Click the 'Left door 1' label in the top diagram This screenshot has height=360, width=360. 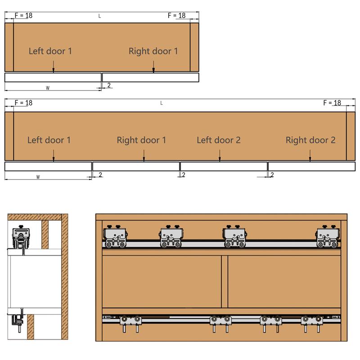tap(50, 51)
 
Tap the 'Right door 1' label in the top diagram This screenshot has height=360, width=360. tap(153, 51)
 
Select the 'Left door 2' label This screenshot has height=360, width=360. tap(219, 140)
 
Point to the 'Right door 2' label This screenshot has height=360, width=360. tap(310, 140)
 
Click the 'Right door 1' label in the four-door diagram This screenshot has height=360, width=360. tap(141, 140)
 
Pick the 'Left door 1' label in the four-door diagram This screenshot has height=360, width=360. tap(49, 140)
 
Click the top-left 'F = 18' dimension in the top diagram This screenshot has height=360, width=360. tap(23, 15)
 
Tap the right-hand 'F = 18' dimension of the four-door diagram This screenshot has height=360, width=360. tap(332, 103)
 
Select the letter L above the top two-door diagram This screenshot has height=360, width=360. tap(99, 16)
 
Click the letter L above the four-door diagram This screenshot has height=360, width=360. tap(162, 103)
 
